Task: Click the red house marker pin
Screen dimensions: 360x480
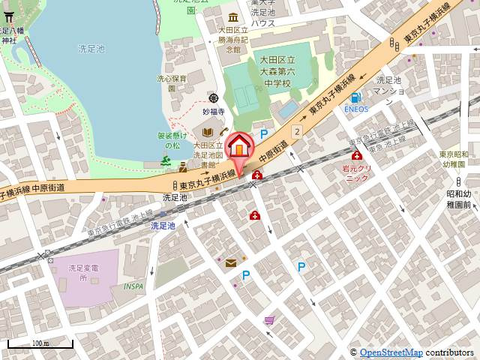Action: point(240,147)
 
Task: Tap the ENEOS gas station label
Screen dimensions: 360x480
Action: point(357,109)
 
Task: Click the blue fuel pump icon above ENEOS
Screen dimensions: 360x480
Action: point(357,97)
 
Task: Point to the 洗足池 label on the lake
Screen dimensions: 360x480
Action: point(91,48)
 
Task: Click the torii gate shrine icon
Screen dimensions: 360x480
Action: point(9,18)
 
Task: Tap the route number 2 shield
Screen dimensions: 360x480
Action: point(297,131)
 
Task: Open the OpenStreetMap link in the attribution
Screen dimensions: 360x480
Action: point(391,352)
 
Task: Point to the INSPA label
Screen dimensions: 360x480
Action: point(134,286)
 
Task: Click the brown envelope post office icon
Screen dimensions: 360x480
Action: point(231,262)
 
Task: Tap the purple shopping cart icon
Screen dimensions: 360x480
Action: point(269,320)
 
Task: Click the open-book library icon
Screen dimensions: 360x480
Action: point(207,133)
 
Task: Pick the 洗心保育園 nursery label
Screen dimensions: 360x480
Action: point(172,82)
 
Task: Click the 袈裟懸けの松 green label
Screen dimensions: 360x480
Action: point(172,141)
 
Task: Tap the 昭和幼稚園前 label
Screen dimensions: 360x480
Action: point(457,199)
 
